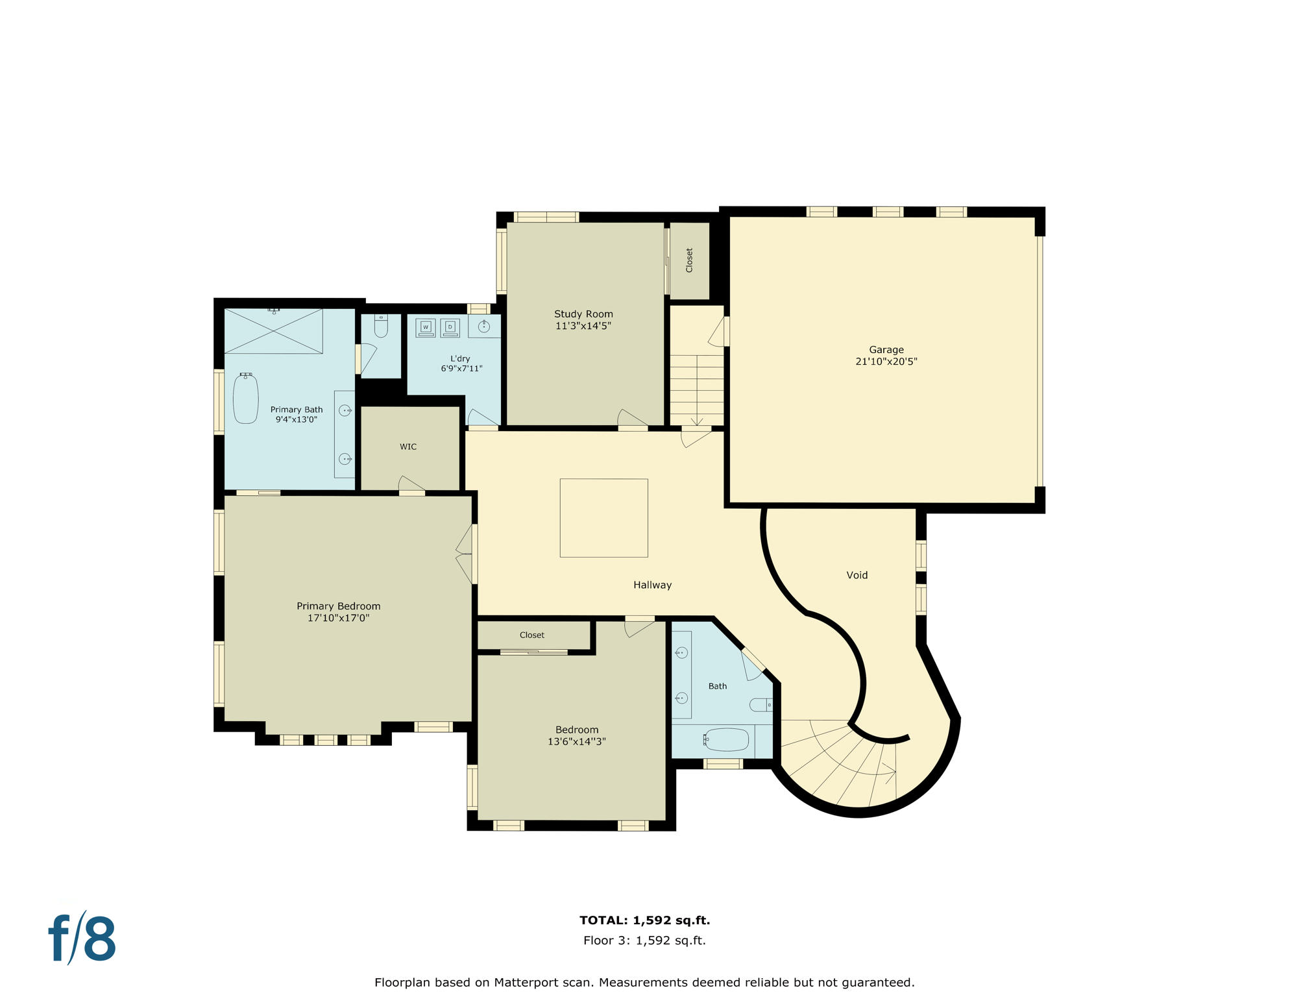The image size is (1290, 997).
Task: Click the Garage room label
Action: coord(886,350)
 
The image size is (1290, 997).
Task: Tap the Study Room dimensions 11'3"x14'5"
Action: coord(583,326)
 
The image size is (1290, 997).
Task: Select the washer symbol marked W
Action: coord(426,327)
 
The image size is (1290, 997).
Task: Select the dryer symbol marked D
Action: coord(450,327)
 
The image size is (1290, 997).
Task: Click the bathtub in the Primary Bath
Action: coord(246,399)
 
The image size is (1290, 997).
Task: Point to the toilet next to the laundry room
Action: coord(381,326)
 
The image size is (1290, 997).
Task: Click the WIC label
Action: coord(408,447)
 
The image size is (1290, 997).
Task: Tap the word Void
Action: coord(857,575)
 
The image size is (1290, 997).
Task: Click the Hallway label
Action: coord(652,585)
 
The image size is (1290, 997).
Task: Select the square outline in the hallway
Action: coord(603,518)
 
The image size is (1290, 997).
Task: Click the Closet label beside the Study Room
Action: coord(689,260)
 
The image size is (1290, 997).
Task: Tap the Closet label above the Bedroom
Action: coord(531,635)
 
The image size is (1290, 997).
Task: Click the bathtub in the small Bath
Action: coord(727,739)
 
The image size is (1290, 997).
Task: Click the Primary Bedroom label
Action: coord(338,606)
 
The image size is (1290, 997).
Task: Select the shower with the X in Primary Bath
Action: coord(273,332)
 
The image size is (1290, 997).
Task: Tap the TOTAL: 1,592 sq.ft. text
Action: coord(644,920)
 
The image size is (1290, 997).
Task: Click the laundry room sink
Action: coord(483,326)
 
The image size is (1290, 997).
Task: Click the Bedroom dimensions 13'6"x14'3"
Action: coord(576,741)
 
